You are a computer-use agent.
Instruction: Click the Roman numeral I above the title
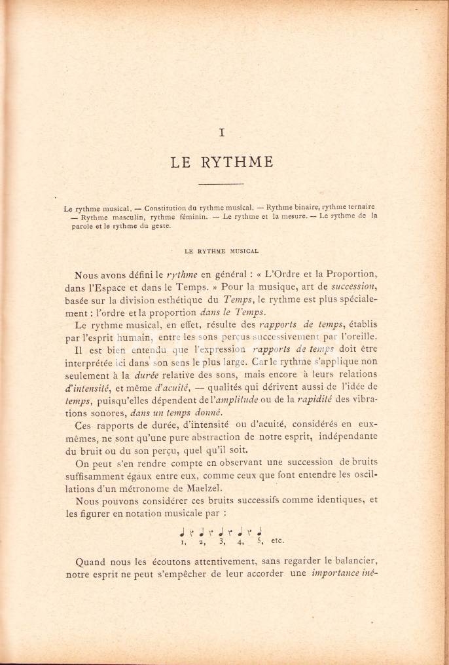pyautogui.click(x=223, y=132)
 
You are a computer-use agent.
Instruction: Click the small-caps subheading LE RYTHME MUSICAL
pyautogui.click(x=221, y=251)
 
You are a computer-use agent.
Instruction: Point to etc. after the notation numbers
pyautogui.click(x=278, y=541)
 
